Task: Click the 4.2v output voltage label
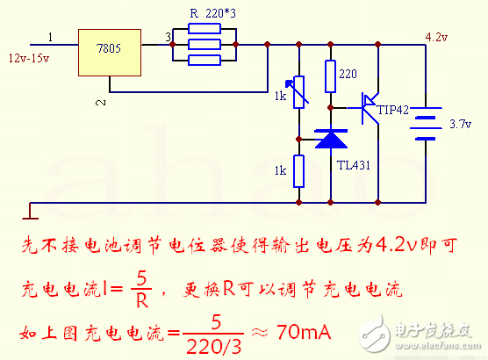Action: point(435,37)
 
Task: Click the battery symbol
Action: point(427,124)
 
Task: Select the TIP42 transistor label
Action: point(393,112)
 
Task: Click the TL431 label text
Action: point(354,162)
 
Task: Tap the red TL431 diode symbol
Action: point(332,139)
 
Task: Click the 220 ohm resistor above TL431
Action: point(331,76)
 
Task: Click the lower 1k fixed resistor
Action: point(300,171)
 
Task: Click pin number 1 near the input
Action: point(50,38)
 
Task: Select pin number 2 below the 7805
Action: point(99,103)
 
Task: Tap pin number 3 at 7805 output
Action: point(169,38)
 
